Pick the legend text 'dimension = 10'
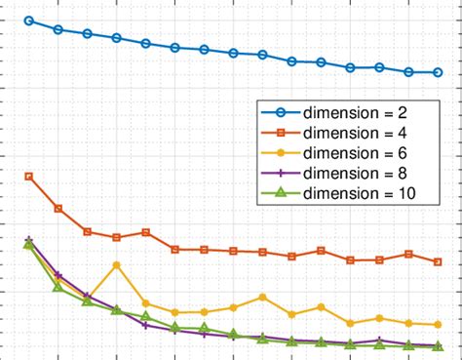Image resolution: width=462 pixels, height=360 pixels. (x=356, y=193)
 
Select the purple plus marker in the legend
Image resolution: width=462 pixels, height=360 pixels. (x=279, y=173)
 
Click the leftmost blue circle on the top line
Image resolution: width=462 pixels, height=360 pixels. (x=29, y=20)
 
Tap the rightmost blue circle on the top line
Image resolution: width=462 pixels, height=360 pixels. (x=438, y=72)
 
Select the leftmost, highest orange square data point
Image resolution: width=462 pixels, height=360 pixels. (x=29, y=177)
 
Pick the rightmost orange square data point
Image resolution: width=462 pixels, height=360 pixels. (x=438, y=261)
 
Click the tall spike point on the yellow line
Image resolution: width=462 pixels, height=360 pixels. (x=117, y=264)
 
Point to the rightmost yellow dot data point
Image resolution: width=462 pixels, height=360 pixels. (x=438, y=325)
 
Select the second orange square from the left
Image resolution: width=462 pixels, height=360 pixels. (x=58, y=209)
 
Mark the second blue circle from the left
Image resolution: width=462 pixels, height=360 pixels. (x=58, y=29)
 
